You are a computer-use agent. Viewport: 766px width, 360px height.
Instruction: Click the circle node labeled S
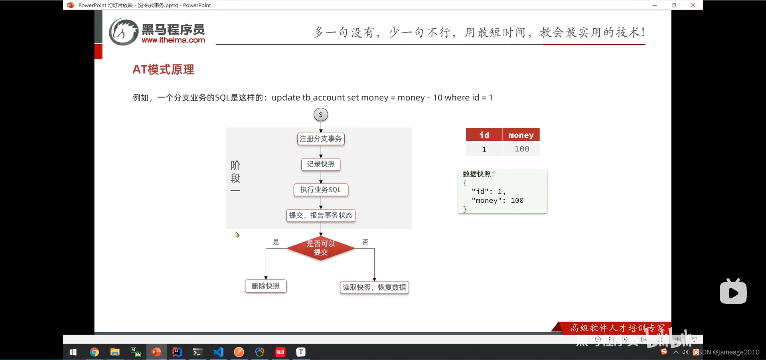pyautogui.click(x=321, y=115)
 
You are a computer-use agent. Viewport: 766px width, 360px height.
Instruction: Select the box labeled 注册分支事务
pyautogui.click(x=321, y=139)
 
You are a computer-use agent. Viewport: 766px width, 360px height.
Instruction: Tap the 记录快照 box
pyautogui.click(x=321, y=164)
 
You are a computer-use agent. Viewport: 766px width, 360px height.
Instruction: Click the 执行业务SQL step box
pyautogui.click(x=321, y=190)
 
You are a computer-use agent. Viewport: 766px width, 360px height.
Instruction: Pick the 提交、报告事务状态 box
pyautogui.click(x=321, y=216)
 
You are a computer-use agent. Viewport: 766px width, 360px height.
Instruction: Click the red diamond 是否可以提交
pyautogui.click(x=321, y=248)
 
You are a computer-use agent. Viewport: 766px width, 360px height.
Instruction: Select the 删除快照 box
pyautogui.click(x=266, y=286)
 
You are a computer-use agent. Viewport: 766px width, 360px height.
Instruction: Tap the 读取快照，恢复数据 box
pyautogui.click(x=374, y=287)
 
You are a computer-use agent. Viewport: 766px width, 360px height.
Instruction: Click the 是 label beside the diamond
pyautogui.click(x=276, y=242)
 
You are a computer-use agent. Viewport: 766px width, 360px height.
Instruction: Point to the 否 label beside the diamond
pyautogui.click(x=365, y=242)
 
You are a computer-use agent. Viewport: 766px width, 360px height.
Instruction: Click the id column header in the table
pyautogui.click(x=484, y=135)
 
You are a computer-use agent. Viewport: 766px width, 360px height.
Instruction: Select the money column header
pyautogui.click(x=521, y=135)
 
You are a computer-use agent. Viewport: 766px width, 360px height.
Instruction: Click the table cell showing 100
pyautogui.click(x=521, y=149)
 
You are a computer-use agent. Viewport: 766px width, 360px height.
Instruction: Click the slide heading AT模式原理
pyautogui.click(x=163, y=69)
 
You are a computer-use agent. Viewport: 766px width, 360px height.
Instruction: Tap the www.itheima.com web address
pyautogui.click(x=173, y=40)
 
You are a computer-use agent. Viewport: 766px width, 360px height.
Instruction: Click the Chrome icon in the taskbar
pyautogui.click(x=94, y=352)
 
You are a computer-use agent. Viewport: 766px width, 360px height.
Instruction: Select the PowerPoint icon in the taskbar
pyautogui.click(x=156, y=352)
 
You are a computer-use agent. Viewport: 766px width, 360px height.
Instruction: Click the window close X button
pyautogui.click(x=693, y=5)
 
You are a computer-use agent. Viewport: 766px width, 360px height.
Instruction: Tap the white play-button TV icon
pyautogui.click(x=733, y=292)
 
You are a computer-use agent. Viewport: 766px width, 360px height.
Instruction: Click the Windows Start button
pyautogui.click(x=73, y=352)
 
